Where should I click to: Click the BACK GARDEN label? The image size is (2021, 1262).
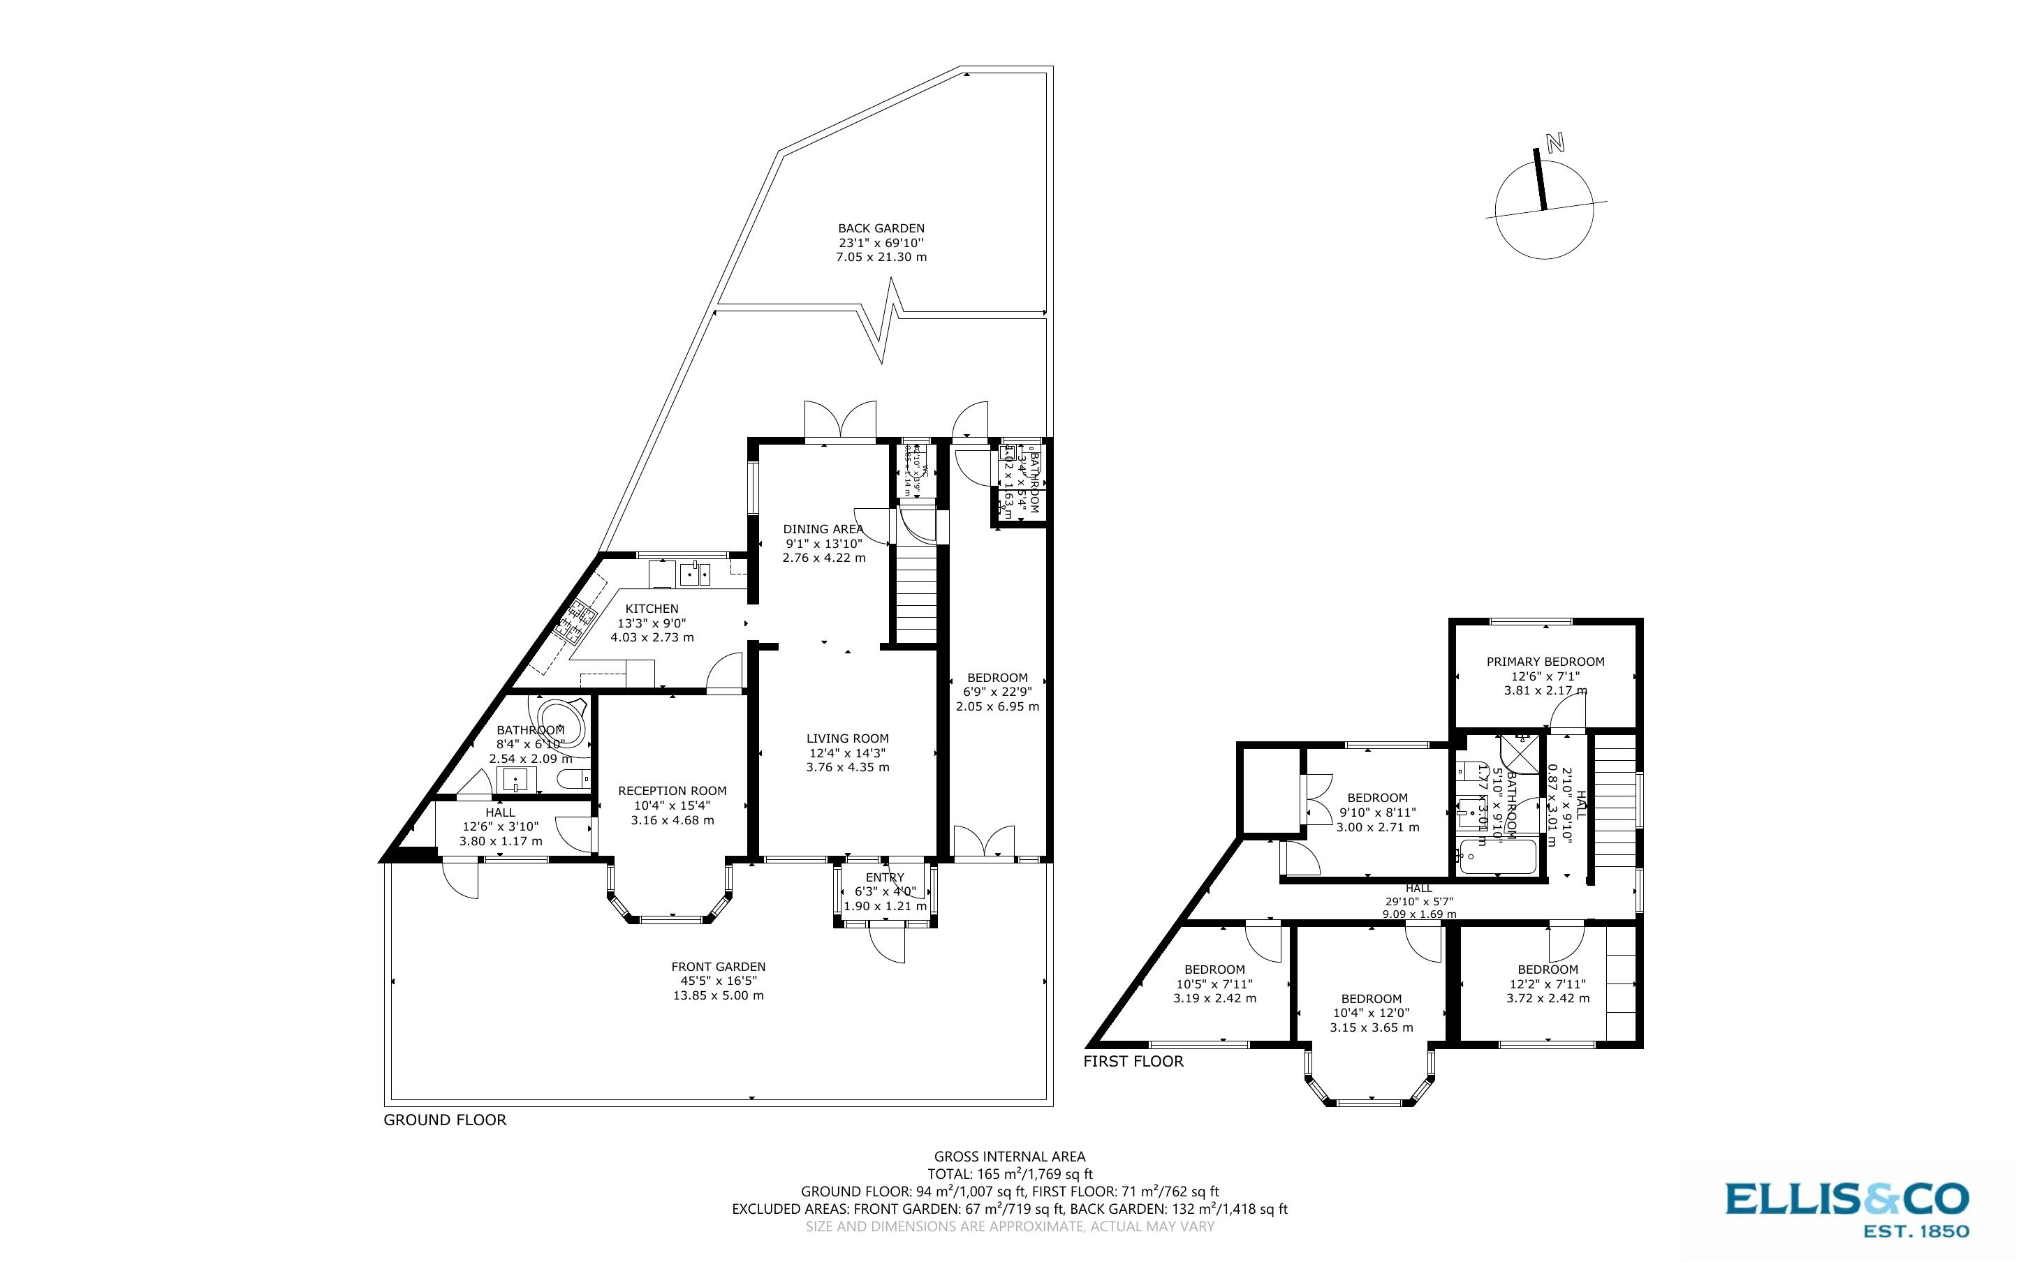[881, 228]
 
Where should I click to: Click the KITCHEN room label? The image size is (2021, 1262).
[652, 609]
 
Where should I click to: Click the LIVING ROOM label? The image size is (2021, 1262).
[847, 738]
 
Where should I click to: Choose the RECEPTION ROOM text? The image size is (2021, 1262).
[672, 790]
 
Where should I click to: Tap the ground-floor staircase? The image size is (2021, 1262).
[917, 593]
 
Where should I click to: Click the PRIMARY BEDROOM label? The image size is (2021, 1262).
[1545, 661]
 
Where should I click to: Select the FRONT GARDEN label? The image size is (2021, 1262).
[718, 967]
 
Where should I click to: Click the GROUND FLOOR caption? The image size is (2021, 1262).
[445, 1120]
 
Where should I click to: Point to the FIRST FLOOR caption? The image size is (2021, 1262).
[1133, 1062]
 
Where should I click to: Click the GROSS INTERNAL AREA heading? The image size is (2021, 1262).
[1009, 1156]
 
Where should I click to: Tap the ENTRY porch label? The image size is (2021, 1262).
[885, 877]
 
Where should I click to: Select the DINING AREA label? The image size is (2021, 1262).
[822, 528]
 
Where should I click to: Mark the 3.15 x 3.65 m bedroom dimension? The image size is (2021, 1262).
[1372, 1027]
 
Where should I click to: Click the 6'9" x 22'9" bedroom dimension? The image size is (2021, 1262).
[997, 691]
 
